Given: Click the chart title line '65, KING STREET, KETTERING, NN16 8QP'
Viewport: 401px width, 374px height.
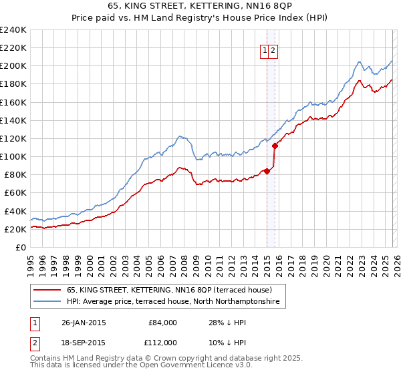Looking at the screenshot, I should click(x=200, y=6).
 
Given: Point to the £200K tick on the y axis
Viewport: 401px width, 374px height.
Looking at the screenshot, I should click(x=13, y=66).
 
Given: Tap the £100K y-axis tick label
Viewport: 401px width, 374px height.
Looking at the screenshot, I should click(x=13, y=156).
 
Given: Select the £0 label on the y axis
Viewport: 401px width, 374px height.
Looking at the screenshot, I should click(x=20, y=247).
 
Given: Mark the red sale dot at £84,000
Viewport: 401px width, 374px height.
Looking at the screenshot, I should click(x=267, y=171).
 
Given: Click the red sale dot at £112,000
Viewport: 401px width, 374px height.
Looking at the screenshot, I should click(x=275, y=146).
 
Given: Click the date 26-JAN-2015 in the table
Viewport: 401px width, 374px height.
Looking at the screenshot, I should click(x=83, y=323).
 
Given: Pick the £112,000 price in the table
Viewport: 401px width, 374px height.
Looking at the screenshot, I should click(x=162, y=342).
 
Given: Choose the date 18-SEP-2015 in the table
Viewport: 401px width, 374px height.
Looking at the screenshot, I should click(x=83, y=342).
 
